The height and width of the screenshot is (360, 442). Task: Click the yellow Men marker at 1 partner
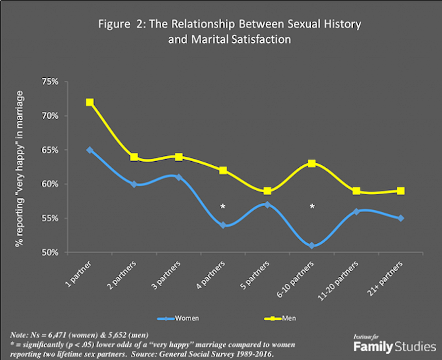pyautogui.click(x=90, y=102)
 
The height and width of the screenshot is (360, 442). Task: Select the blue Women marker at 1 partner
pyautogui.click(x=90, y=150)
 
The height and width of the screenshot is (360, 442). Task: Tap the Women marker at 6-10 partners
pyautogui.click(x=312, y=246)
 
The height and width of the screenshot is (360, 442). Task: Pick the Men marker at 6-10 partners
pyautogui.click(x=312, y=163)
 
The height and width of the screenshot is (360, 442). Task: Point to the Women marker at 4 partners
pyautogui.click(x=223, y=225)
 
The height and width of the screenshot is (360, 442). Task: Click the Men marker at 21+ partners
pyautogui.click(x=401, y=191)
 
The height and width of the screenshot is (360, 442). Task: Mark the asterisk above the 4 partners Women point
pyautogui.click(x=223, y=206)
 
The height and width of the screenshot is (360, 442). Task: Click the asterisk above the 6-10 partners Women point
pyautogui.click(x=312, y=206)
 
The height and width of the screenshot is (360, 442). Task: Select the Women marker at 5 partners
pyautogui.click(x=267, y=205)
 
